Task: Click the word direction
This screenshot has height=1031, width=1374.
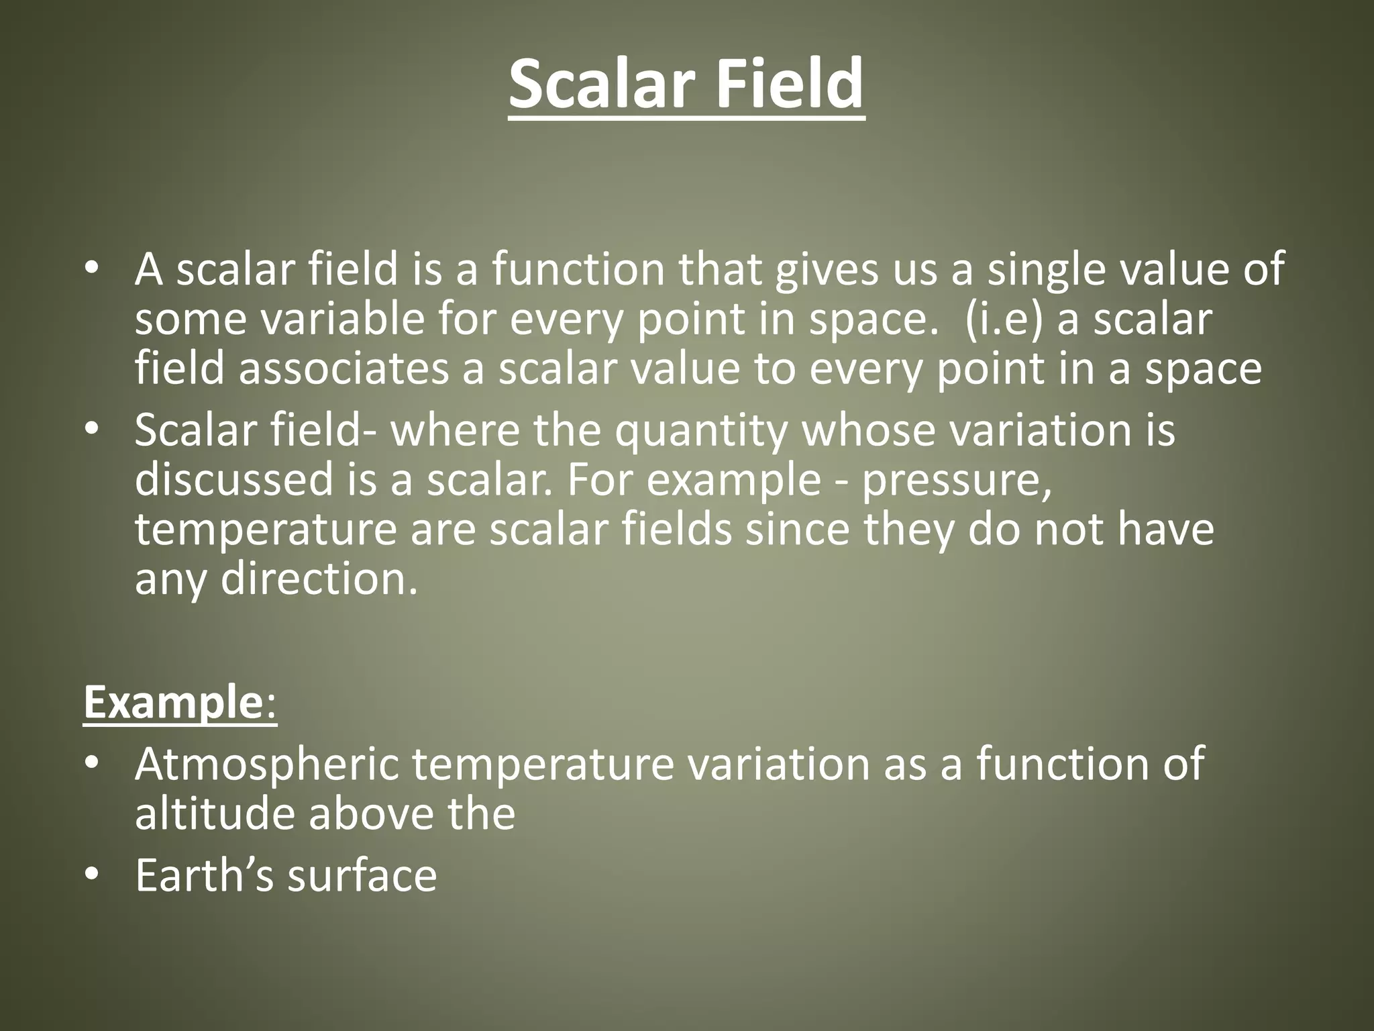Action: coord(319,579)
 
